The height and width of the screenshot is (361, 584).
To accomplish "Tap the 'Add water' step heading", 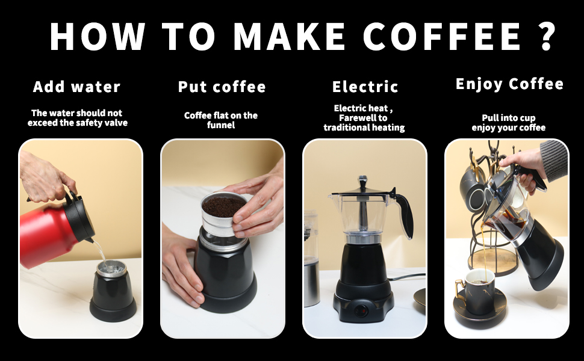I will pyautogui.click(x=77, y=87).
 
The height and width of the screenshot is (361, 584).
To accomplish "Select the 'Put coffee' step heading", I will pyautogui.click(x=222, y=87).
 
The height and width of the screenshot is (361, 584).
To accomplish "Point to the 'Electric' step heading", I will pyautogui.click(x=365, y=87).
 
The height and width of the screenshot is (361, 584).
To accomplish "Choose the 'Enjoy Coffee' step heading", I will pyautogui.click(x=509, y=84).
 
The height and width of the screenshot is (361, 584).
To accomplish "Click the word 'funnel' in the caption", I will pyautogui.click(x=221, y=125).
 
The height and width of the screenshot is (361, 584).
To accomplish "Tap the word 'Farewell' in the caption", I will pyautogui.click(x=355, y=118).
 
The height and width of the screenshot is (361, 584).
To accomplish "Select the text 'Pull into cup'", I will pyautogui.click(x=508, y=118).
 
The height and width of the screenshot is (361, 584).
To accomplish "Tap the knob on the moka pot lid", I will pyautogui.click(x=362, y=180).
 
